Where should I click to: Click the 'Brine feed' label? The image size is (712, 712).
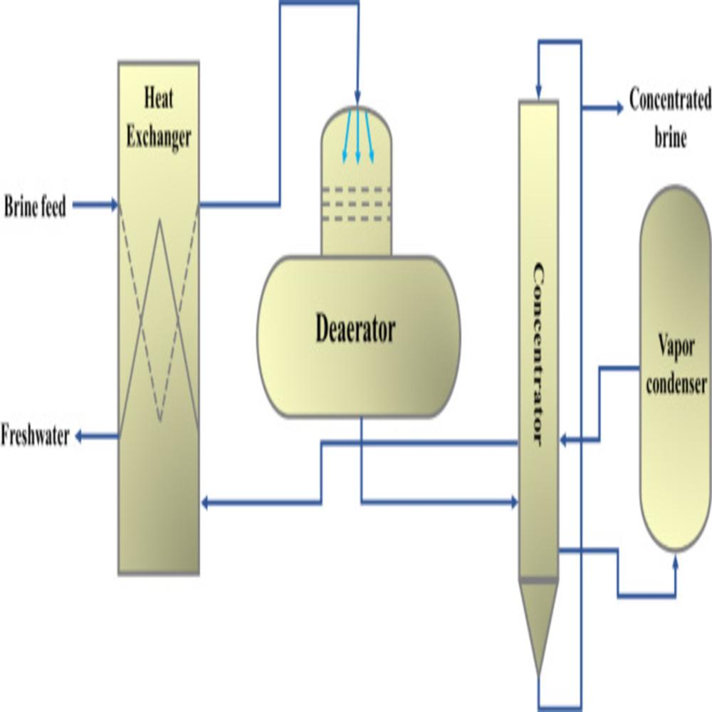pyautogui.click(x=35, y=207)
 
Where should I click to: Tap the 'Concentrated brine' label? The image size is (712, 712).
pyautogui.click(x=669, y=118)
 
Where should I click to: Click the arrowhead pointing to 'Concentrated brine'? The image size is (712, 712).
pyautogui.click(x=617, y=109)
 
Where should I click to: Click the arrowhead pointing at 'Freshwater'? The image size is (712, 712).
pyautogui.click(x=81, y=436)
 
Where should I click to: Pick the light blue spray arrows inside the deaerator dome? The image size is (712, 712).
pyautogui.click(x=356, y=135)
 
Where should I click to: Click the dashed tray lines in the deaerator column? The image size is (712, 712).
pyautogui.click(x=356, y=204)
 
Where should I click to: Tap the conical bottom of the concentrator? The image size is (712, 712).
pyautogui.click(x=538, y=627)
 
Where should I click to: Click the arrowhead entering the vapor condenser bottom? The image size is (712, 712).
pyautogui.click(x=674, y=562)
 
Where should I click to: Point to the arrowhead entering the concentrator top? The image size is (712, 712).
pyautogui.click(x=538, y=95)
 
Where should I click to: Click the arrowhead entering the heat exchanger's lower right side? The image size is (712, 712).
pyautogui.click(x=206, y=503)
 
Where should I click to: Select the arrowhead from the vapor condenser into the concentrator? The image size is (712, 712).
pyautogui.click(x=564, y=441)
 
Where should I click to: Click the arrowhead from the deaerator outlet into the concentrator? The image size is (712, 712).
pyautogui.click(x=513, y=503)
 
